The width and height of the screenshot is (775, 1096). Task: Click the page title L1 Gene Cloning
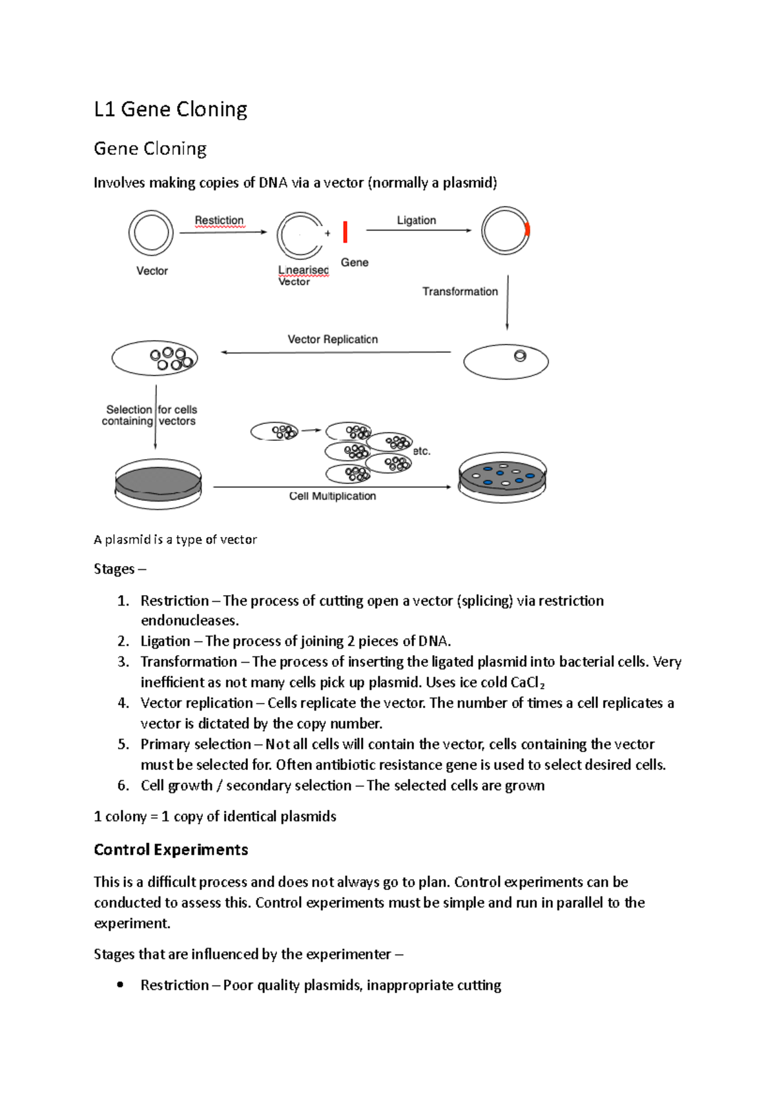[170, 109]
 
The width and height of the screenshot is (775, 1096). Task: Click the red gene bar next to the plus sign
[346, 232]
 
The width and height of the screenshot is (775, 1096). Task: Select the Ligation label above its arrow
[416, 220]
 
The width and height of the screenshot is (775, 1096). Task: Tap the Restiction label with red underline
[219, 220]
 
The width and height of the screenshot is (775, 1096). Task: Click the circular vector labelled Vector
[151, 232]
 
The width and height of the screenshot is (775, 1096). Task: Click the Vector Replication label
[333, 340]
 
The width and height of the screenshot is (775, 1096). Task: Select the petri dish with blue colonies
[502, 478]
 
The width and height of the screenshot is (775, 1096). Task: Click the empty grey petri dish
[158, 483]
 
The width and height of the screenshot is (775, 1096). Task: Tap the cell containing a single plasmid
[506, 361]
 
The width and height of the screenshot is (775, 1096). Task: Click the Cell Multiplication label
[332, 496]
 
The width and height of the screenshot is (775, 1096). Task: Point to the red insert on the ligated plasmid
[527, 229]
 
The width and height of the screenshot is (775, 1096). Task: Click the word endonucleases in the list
[189, 621]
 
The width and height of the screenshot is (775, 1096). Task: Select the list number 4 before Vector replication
[123, 703]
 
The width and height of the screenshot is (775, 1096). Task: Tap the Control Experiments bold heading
[170, 849]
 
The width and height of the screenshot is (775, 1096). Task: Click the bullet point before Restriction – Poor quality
[120, 985]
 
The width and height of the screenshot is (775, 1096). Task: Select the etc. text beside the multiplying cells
[421, 451]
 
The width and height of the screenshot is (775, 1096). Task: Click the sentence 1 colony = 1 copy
[214, 817]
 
